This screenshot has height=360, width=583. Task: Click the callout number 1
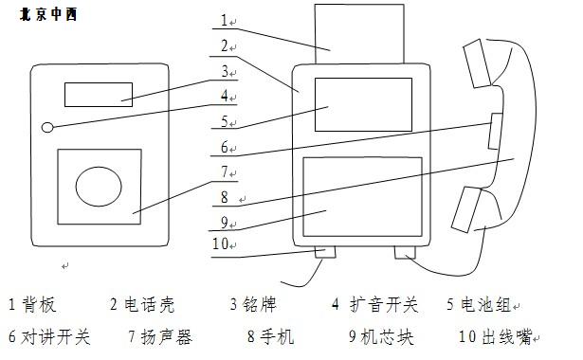pos(225,19)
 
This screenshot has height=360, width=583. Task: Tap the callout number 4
pos(224,96)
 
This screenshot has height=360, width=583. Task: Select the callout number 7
pos(225,172)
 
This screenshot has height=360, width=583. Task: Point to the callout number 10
pos(221,244)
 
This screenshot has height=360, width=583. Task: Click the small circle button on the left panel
pos(48,127)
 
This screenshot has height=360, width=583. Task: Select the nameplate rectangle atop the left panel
pos(99,94)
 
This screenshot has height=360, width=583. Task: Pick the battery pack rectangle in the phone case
pos(363,105)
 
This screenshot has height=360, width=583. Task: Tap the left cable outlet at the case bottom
pos(326,253)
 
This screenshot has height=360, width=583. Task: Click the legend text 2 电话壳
pos(143,305)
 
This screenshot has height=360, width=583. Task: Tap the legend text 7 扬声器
pos(159,335)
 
